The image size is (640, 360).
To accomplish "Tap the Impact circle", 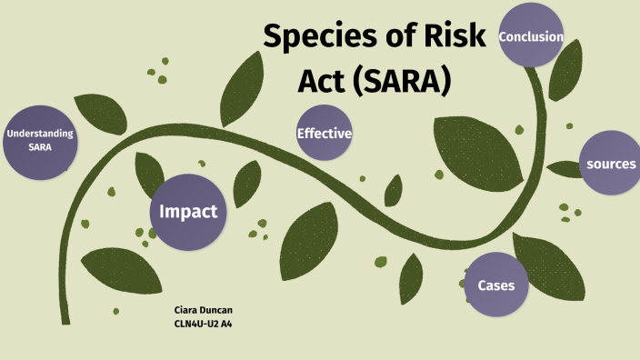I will (x=188, y=212).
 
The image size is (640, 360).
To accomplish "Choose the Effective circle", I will (x=324, y=134).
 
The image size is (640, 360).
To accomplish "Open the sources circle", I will (x=610, y=164).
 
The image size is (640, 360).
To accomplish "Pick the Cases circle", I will (x=496, y=285).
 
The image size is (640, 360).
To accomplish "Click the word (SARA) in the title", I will (x=402, y=81).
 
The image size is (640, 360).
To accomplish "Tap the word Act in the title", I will (x=323, y=81).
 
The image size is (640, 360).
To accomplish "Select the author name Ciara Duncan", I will (x=203, y=310).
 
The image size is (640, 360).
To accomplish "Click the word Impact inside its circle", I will (x=188, y=212).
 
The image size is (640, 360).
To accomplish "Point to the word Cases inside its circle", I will (x=496, y=285).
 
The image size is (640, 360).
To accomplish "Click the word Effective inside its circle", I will (x=324, y=134).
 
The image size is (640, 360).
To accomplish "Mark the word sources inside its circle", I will (x=610, y=165).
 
